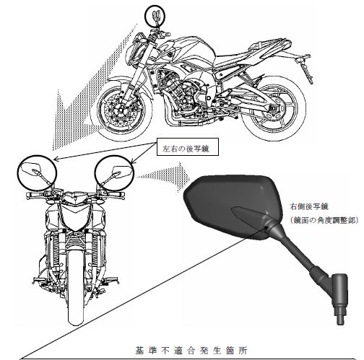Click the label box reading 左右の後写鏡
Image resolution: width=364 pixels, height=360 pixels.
coord(188,146)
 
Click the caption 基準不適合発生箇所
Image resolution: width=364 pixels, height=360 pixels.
coord(191,351)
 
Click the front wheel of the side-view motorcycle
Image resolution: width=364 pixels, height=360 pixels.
coord(121,111)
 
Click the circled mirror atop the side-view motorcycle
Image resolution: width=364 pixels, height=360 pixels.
coord(155,16)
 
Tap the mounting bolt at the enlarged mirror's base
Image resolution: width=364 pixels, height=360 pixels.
coord(340,315)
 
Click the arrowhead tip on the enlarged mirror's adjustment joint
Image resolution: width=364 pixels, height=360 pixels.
coord(266,226)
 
